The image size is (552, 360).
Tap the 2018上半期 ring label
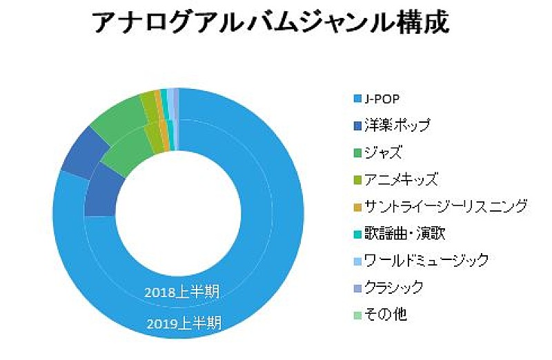point(182,292)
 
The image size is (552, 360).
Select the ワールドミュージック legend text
point(426,261)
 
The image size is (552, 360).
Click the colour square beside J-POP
point(357,99)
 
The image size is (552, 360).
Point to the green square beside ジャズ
point(357,153)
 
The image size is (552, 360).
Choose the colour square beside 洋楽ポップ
point(357,126)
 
